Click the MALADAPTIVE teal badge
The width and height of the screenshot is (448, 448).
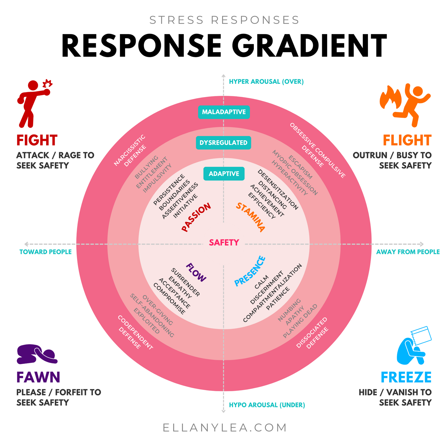(224, 112)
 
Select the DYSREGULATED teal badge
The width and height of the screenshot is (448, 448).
(223, 143)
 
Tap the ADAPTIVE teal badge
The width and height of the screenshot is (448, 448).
(224, 174)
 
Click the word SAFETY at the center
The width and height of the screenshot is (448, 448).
(224, 243)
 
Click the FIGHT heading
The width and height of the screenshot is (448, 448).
(37, 140)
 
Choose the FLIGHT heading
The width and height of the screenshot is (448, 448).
(407, 140)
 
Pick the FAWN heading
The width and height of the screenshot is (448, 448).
(38, 377)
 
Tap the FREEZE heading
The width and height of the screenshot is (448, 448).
(406, 377)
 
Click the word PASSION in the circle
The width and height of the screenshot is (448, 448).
(196, 217)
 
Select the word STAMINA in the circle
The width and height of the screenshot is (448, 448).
(251, 217)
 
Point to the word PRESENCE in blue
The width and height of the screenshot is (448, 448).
(250, 271)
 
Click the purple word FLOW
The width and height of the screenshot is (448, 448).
(196, 272)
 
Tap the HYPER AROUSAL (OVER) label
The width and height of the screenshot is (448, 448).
(266, 82)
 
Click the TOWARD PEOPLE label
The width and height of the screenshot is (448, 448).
(46, 252)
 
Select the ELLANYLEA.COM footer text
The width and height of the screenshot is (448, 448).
(225, 427)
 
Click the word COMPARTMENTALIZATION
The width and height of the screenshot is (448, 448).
(273, 293)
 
